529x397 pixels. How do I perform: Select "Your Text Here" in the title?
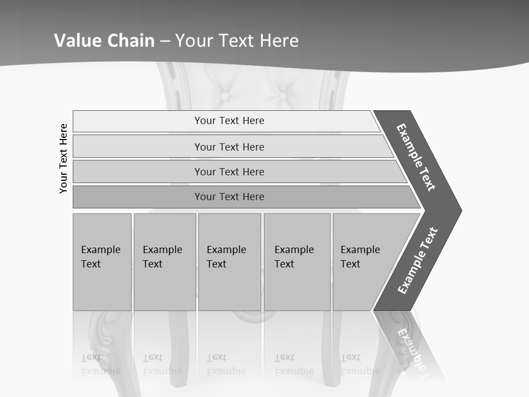click(x=237, y=40)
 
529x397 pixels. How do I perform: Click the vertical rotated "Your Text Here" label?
click(x=63, y=158)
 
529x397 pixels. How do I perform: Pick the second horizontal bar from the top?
click(x=229, y=147)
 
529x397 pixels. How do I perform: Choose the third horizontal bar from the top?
click(x=229, y=171)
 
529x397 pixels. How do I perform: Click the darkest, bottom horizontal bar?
click(x=229, y=197)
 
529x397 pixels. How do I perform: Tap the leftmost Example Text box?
click(x=102, y=262)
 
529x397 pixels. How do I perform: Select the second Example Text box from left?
click(x=164, y=262)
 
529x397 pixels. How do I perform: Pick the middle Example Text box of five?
click(x=229, y=262)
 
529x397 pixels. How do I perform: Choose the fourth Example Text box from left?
click(x=296, y=262)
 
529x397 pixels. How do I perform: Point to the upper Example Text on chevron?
click(x=416, y=157)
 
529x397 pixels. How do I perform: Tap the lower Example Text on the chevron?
click(x=417, y=260)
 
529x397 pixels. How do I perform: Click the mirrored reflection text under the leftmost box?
click(x=101, y=364)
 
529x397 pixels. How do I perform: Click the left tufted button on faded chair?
click(x=225, y=95)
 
